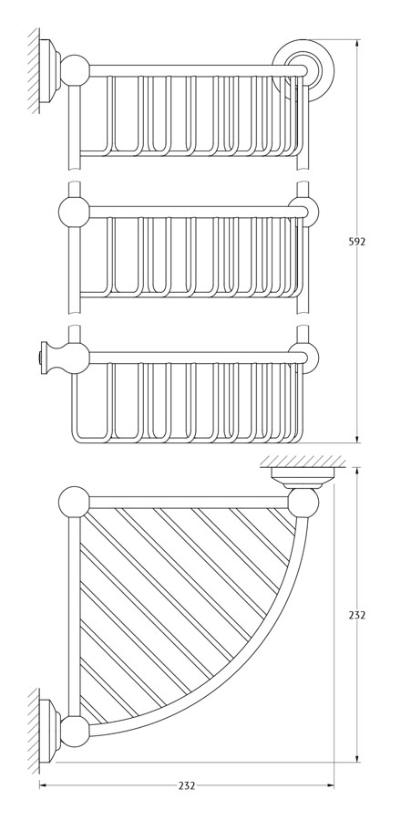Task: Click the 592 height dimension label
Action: point(356,242)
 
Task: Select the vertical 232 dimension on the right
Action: point(356,615)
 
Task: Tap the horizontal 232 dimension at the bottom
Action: point(187,785)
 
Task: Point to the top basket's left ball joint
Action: point(75,70)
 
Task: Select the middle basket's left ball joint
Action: point(74,212)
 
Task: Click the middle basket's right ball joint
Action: point(304,211)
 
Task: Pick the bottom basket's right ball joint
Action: point(304,357)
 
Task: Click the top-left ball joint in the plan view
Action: point(74,502)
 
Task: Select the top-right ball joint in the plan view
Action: point(303,502)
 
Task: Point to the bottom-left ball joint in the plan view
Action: point(75,732)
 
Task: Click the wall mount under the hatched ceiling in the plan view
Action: point(303,477)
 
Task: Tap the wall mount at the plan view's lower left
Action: point(50,731)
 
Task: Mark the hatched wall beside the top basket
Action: point(34,70)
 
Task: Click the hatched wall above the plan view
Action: point(303,461)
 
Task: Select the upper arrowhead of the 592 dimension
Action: point(357,44)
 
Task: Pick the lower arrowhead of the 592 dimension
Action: point(357,438)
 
